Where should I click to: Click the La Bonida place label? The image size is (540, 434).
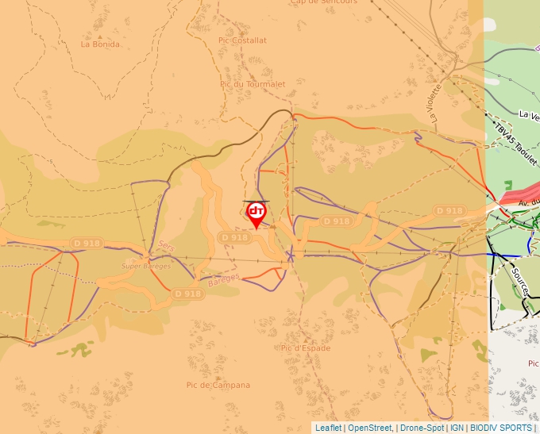click(x=100, y=44)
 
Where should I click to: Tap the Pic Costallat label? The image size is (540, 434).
click(x=242, y=40)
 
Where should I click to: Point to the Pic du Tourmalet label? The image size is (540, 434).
click(x=253, y=84)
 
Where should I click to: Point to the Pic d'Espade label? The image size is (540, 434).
click(x=305, y=348)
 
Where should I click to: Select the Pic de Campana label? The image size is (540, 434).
click(x=218, y=385)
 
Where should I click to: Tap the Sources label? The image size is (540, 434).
click(x=519, y=282)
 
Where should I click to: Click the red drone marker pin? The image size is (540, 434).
click(x=256, y=213)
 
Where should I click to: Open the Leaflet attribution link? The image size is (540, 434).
click(x=328, y=428)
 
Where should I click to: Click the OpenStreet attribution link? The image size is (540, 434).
click(x=369, y=428)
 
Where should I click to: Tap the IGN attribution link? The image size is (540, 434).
click(x=457, y=428)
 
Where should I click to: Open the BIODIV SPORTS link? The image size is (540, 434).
click(x=501, y=428)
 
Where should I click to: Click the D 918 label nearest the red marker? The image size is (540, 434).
click(x=235, y=237)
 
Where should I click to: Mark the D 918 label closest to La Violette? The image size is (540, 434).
click(x=449, y=210)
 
